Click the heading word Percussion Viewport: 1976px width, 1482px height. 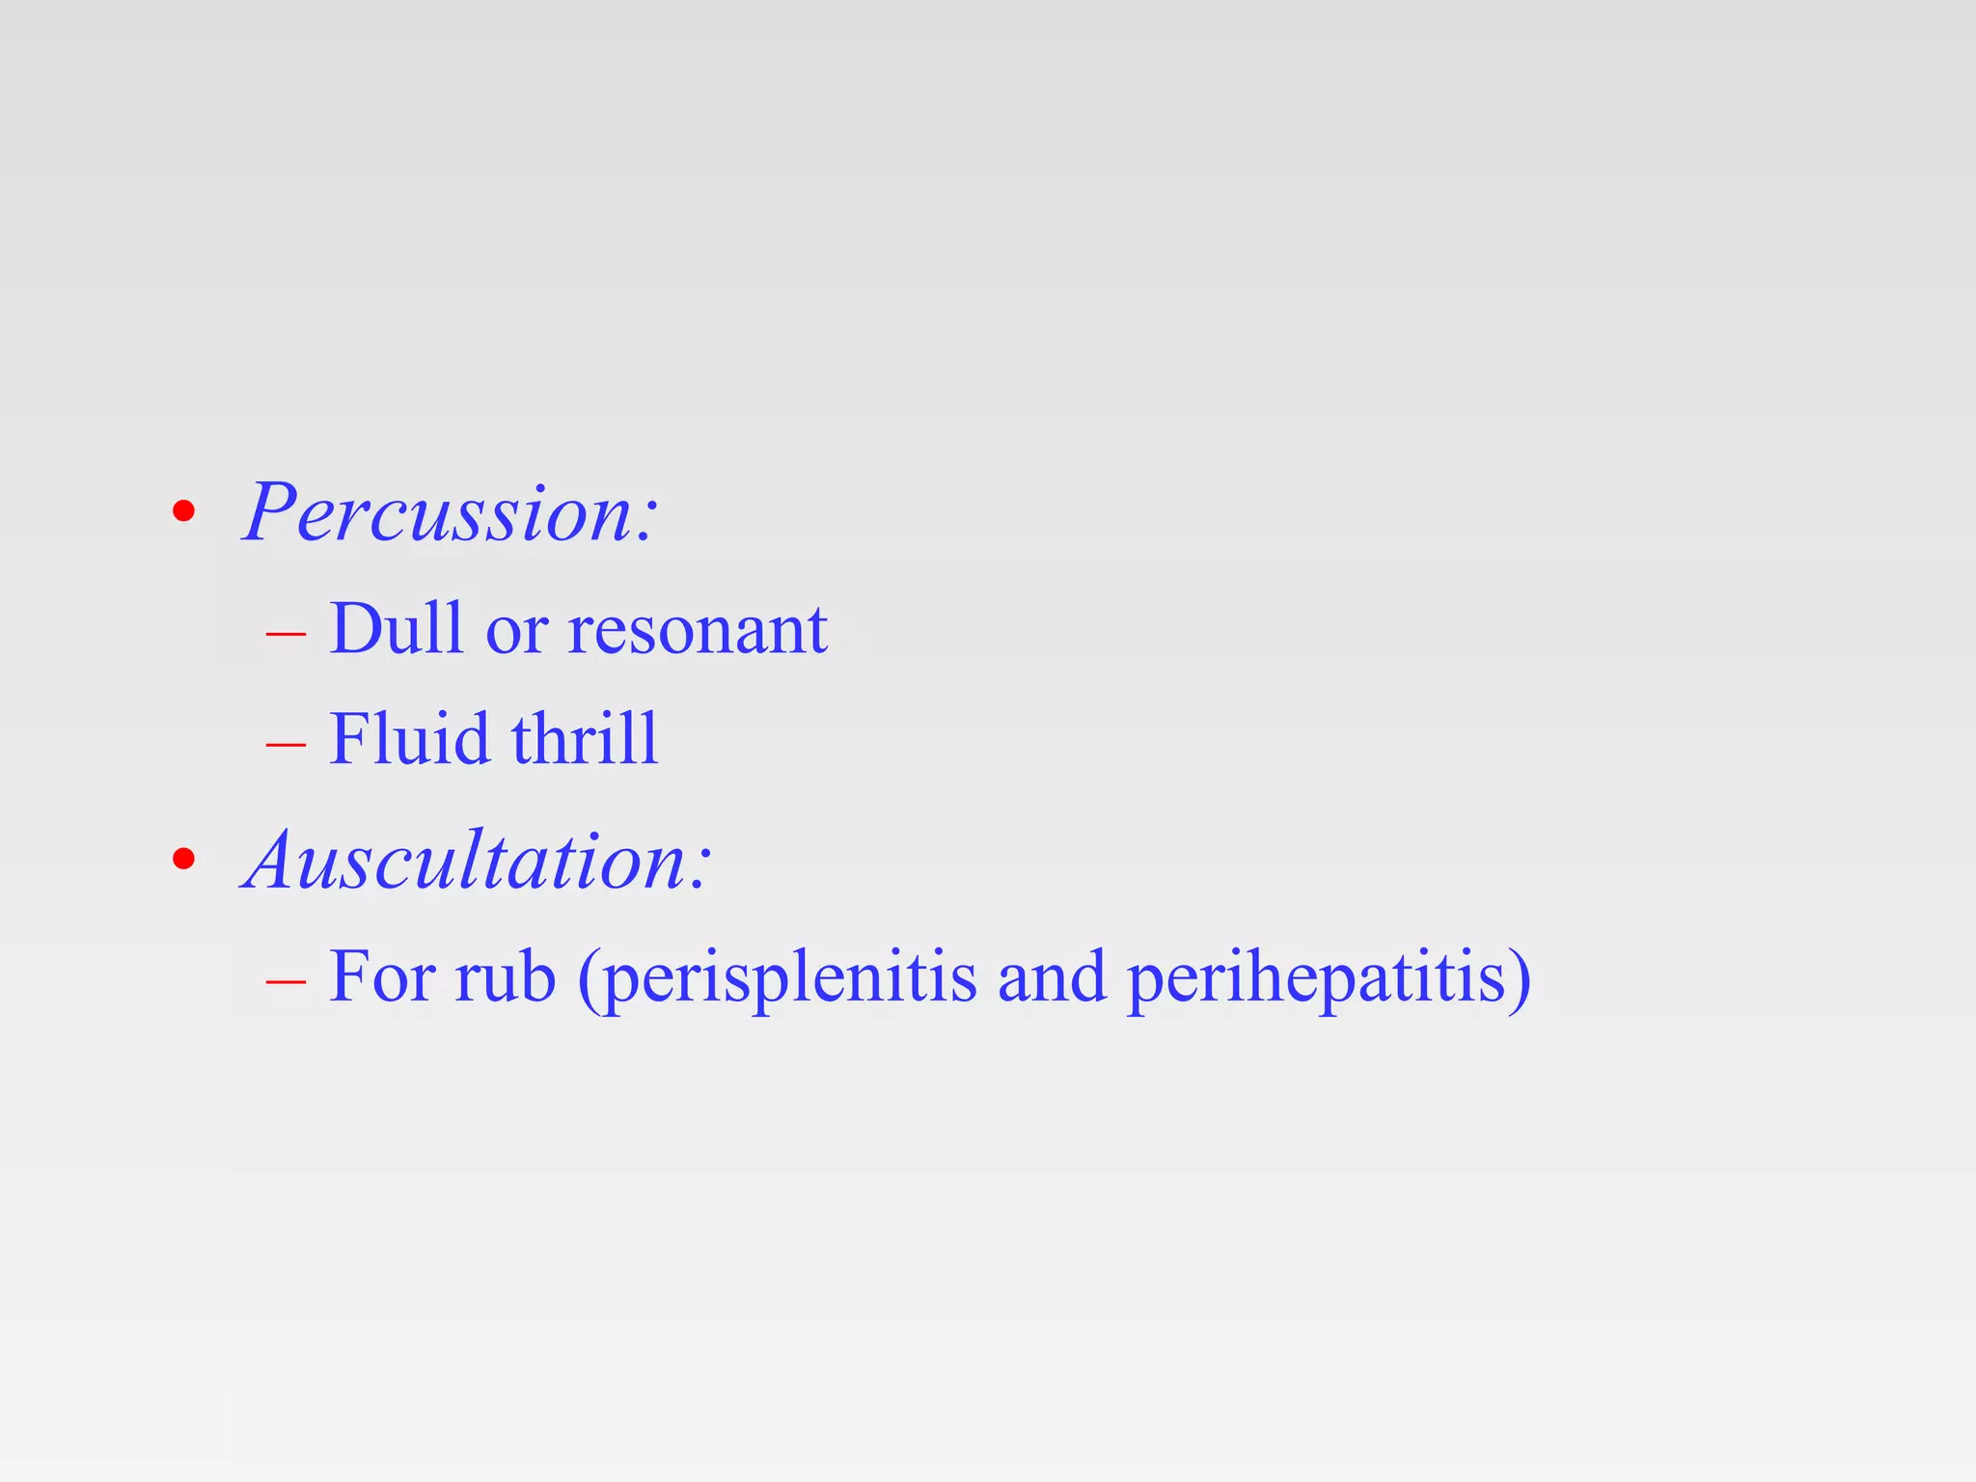(439, 512)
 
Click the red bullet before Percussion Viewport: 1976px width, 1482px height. (183, 512)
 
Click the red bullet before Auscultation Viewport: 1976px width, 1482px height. (183, 859)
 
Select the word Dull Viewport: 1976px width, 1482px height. (396, 628)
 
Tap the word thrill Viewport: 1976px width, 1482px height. (585, 739)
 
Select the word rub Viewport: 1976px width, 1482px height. (506, 977)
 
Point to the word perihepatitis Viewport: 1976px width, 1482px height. (1316, 980)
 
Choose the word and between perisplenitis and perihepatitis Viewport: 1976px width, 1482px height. (1051, 977)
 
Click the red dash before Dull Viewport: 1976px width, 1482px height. (286, 634)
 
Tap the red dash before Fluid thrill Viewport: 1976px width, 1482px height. (286, 744)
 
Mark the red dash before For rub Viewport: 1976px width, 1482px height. (286, 981)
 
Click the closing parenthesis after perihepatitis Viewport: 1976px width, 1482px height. (1521, 980)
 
